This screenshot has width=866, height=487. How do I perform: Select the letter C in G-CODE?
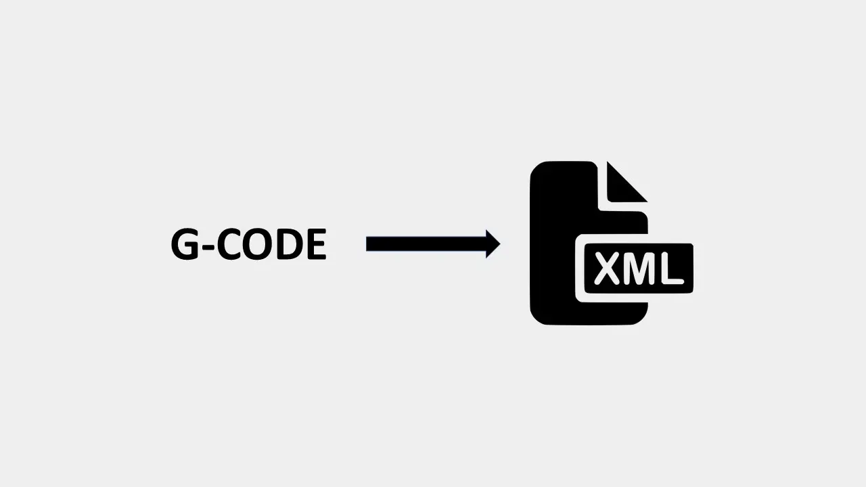pos(229,244)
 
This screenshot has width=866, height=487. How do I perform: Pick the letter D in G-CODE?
pos(290,244)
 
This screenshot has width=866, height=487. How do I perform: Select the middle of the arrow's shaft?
pos(426,244)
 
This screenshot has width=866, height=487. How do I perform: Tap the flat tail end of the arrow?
pos(367,244)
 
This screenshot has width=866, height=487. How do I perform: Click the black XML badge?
pos(639,269)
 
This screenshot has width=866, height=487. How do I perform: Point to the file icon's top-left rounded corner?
pos(538,169)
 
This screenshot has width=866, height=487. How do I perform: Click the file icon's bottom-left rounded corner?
pos(538,317)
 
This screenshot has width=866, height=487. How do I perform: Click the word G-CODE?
pos(249,244)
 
